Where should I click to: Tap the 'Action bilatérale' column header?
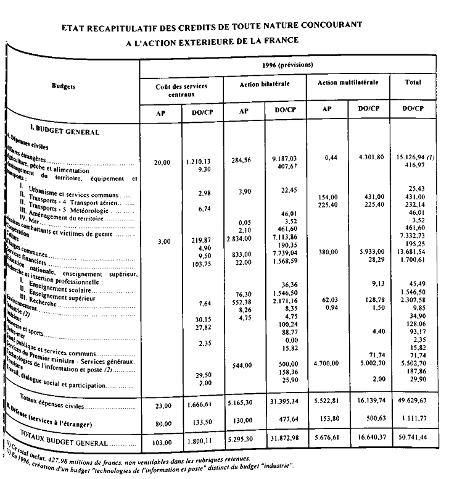point(264,83)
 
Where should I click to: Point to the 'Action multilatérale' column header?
point(348,81)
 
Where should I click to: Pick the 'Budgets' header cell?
point(64,87)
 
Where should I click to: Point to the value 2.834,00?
point(240,236)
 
